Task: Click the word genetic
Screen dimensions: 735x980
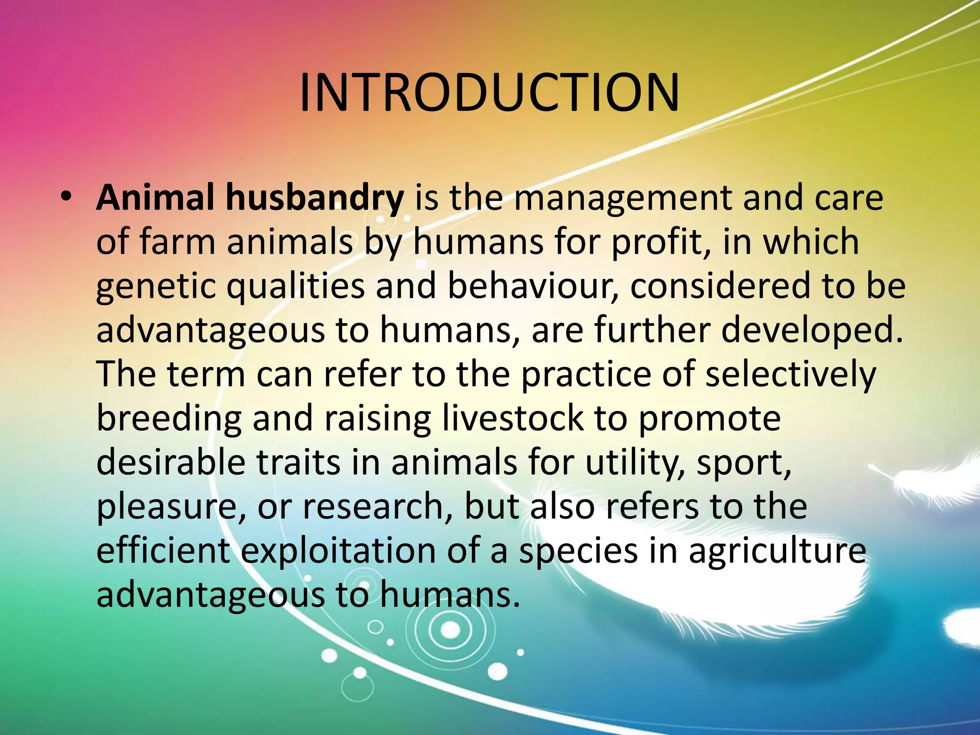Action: [156, 286]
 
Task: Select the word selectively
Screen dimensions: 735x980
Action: [790, 374]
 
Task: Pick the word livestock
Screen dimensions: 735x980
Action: [512, 418]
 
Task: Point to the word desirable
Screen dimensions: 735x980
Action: [170, 462]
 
